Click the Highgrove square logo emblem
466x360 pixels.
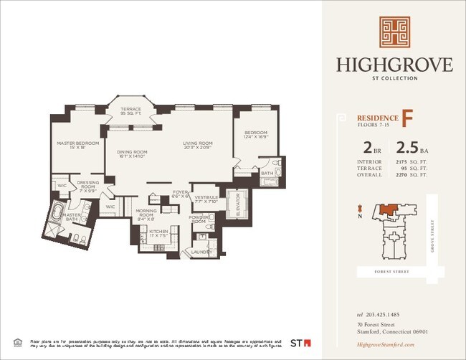pos(394,34)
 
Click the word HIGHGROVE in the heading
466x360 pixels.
pos(394,65)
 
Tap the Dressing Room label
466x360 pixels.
pos(87,184)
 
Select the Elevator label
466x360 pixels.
pos(237,206)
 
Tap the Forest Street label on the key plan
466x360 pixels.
pos(391,273)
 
